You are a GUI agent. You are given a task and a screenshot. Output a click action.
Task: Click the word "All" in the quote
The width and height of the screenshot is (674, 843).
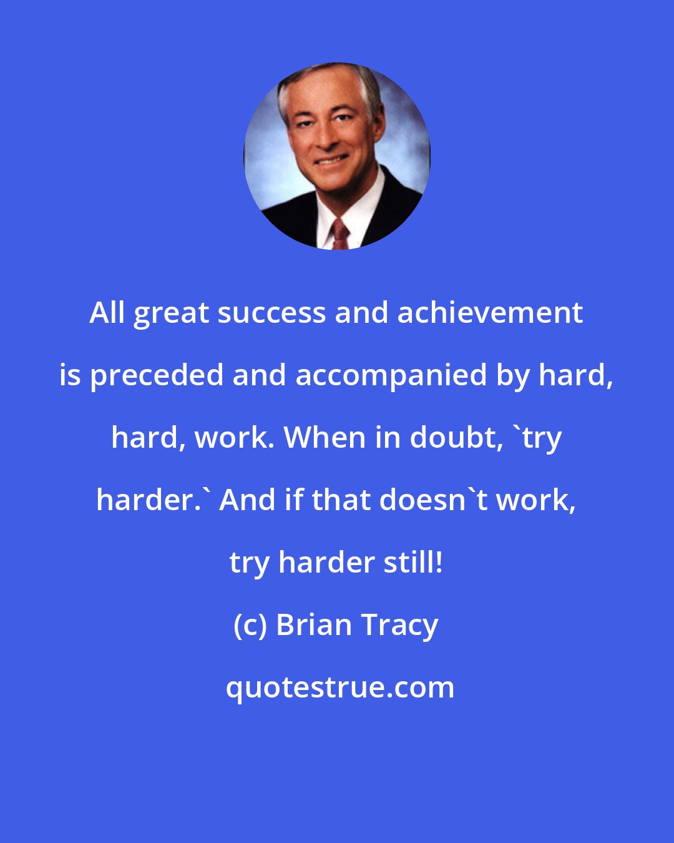pos(107,312)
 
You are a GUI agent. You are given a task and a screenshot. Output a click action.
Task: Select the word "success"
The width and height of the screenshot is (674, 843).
pos(271,312)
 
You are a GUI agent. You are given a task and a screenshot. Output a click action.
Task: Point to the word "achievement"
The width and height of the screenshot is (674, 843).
pos(490,312)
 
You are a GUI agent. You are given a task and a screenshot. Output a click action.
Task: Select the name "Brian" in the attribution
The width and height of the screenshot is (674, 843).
pos(313,624)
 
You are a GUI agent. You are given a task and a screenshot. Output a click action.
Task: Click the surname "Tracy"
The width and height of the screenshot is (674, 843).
pos(399,626)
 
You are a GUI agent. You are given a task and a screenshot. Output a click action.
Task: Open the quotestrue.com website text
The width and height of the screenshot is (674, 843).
pos(339,688)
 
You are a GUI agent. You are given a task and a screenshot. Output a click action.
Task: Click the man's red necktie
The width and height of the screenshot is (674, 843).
pos(339,234)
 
